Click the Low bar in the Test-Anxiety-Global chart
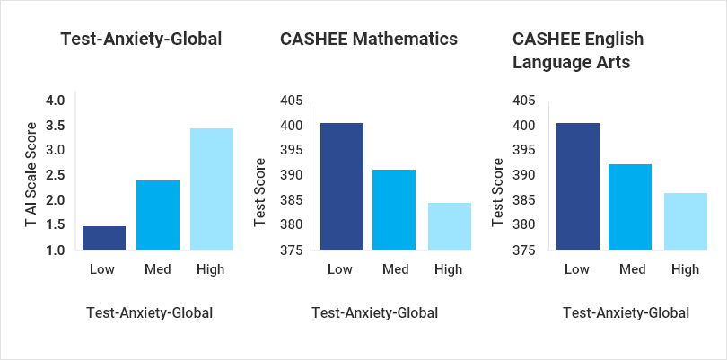pyautogui.click(x=104, y=238)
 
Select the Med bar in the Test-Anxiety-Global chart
pyautogui.click(x=158, y=215)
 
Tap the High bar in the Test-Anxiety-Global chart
pyautogui.click(x=212, y=189)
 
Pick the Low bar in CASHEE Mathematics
pyautogui.click(x=341, y=186)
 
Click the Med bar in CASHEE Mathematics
pyautogui.click(x=395, y=209)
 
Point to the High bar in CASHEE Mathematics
pyautogui.click(x=449, y=226)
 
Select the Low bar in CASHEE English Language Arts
pyautogui.click(x=577, y=186)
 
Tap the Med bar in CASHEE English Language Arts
pyautogui.click(x=630, y=206)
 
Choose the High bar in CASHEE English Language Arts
pyautogui.click(x=685, y=221)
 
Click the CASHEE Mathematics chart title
pyautogui.click(x=369, y=39)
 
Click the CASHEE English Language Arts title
pyautogui.click(x=578, y=50)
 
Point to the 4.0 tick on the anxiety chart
pyautogui.click(x=55, y=101)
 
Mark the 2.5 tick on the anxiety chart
pyautogui.click(x=55, y=175)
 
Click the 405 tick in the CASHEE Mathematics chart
pyautogui.click(x=293, y=101)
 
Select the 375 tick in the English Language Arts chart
pyautogui.click(x=525, y=250)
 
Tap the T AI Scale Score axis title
pyautogui.click(x=31, y=175)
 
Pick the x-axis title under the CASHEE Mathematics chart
pyautogui.click(x=374, y=313)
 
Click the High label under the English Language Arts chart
pyautogui.click(x=685, y=268)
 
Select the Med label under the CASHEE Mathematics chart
pyautogui.click(x=395, y=268)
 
